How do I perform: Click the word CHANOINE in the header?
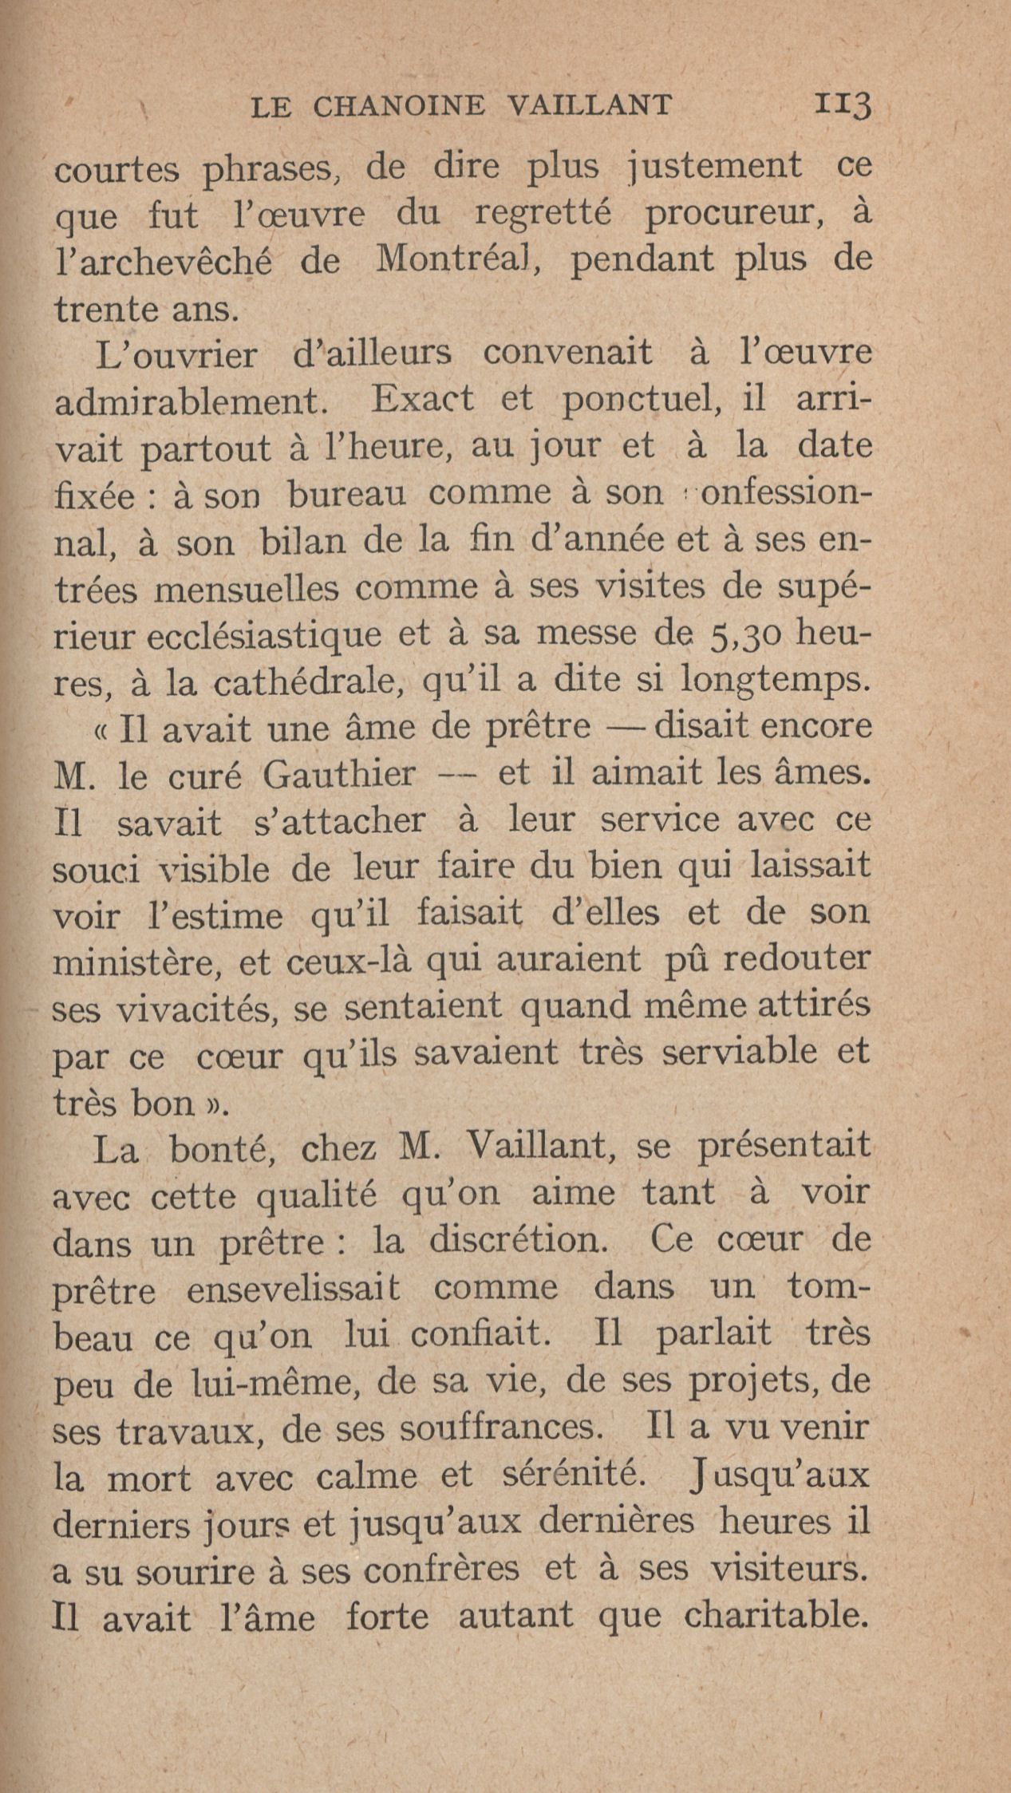click(x=409, y=105)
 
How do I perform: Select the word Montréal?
click(x=454, y=260)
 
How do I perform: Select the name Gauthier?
click(x=338, y=774)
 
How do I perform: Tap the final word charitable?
click(x=777, y=1614)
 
